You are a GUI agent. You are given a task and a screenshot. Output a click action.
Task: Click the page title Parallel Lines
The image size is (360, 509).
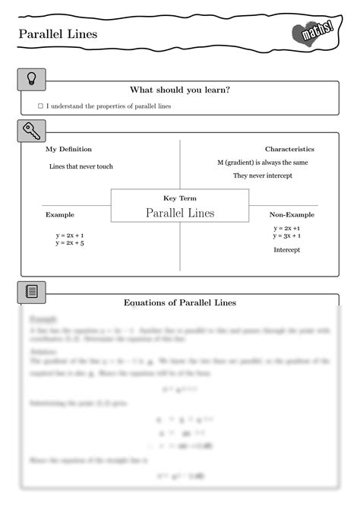tap(58, 34)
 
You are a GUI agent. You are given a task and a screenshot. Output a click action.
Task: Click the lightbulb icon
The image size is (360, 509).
tap(31, 78)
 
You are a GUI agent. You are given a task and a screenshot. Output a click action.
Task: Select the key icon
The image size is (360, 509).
tap(31, 130)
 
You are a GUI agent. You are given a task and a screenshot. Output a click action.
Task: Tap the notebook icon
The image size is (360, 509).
tap(31, 291)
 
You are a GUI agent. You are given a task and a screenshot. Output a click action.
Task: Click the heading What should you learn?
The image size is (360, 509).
tap(180, 90)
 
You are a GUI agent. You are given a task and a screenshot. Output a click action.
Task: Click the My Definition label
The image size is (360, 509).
tap(68, 149)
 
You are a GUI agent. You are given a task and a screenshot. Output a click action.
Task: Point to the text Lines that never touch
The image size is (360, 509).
tap(81, 166)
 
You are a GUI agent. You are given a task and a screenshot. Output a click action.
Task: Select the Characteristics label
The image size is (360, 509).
tap(289, 149)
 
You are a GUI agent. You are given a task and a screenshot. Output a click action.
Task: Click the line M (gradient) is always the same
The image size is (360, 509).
tap(263, 163)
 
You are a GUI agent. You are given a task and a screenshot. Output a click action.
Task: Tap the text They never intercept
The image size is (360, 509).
tap(262, 175)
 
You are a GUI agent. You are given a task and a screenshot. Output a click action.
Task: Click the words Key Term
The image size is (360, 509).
tap(180, 198)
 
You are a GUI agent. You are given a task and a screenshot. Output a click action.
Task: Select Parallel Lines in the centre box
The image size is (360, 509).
tap(180, 213)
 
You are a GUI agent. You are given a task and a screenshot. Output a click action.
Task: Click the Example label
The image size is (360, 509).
tap(60, 215)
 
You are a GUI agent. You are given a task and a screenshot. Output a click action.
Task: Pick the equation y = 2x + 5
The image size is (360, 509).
tap(70, 244)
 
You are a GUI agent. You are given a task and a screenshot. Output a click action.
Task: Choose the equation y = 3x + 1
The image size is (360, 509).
tap(287, 236)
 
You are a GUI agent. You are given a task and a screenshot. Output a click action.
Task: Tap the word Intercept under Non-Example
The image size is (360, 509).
tap(287, 250)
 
